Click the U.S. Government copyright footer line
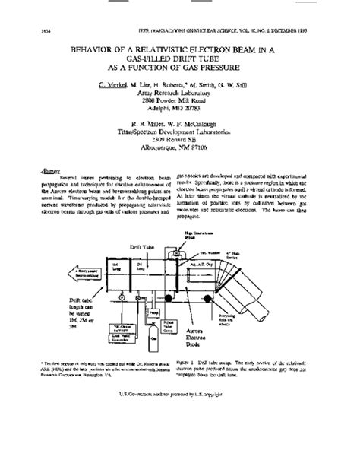coord(179,437)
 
